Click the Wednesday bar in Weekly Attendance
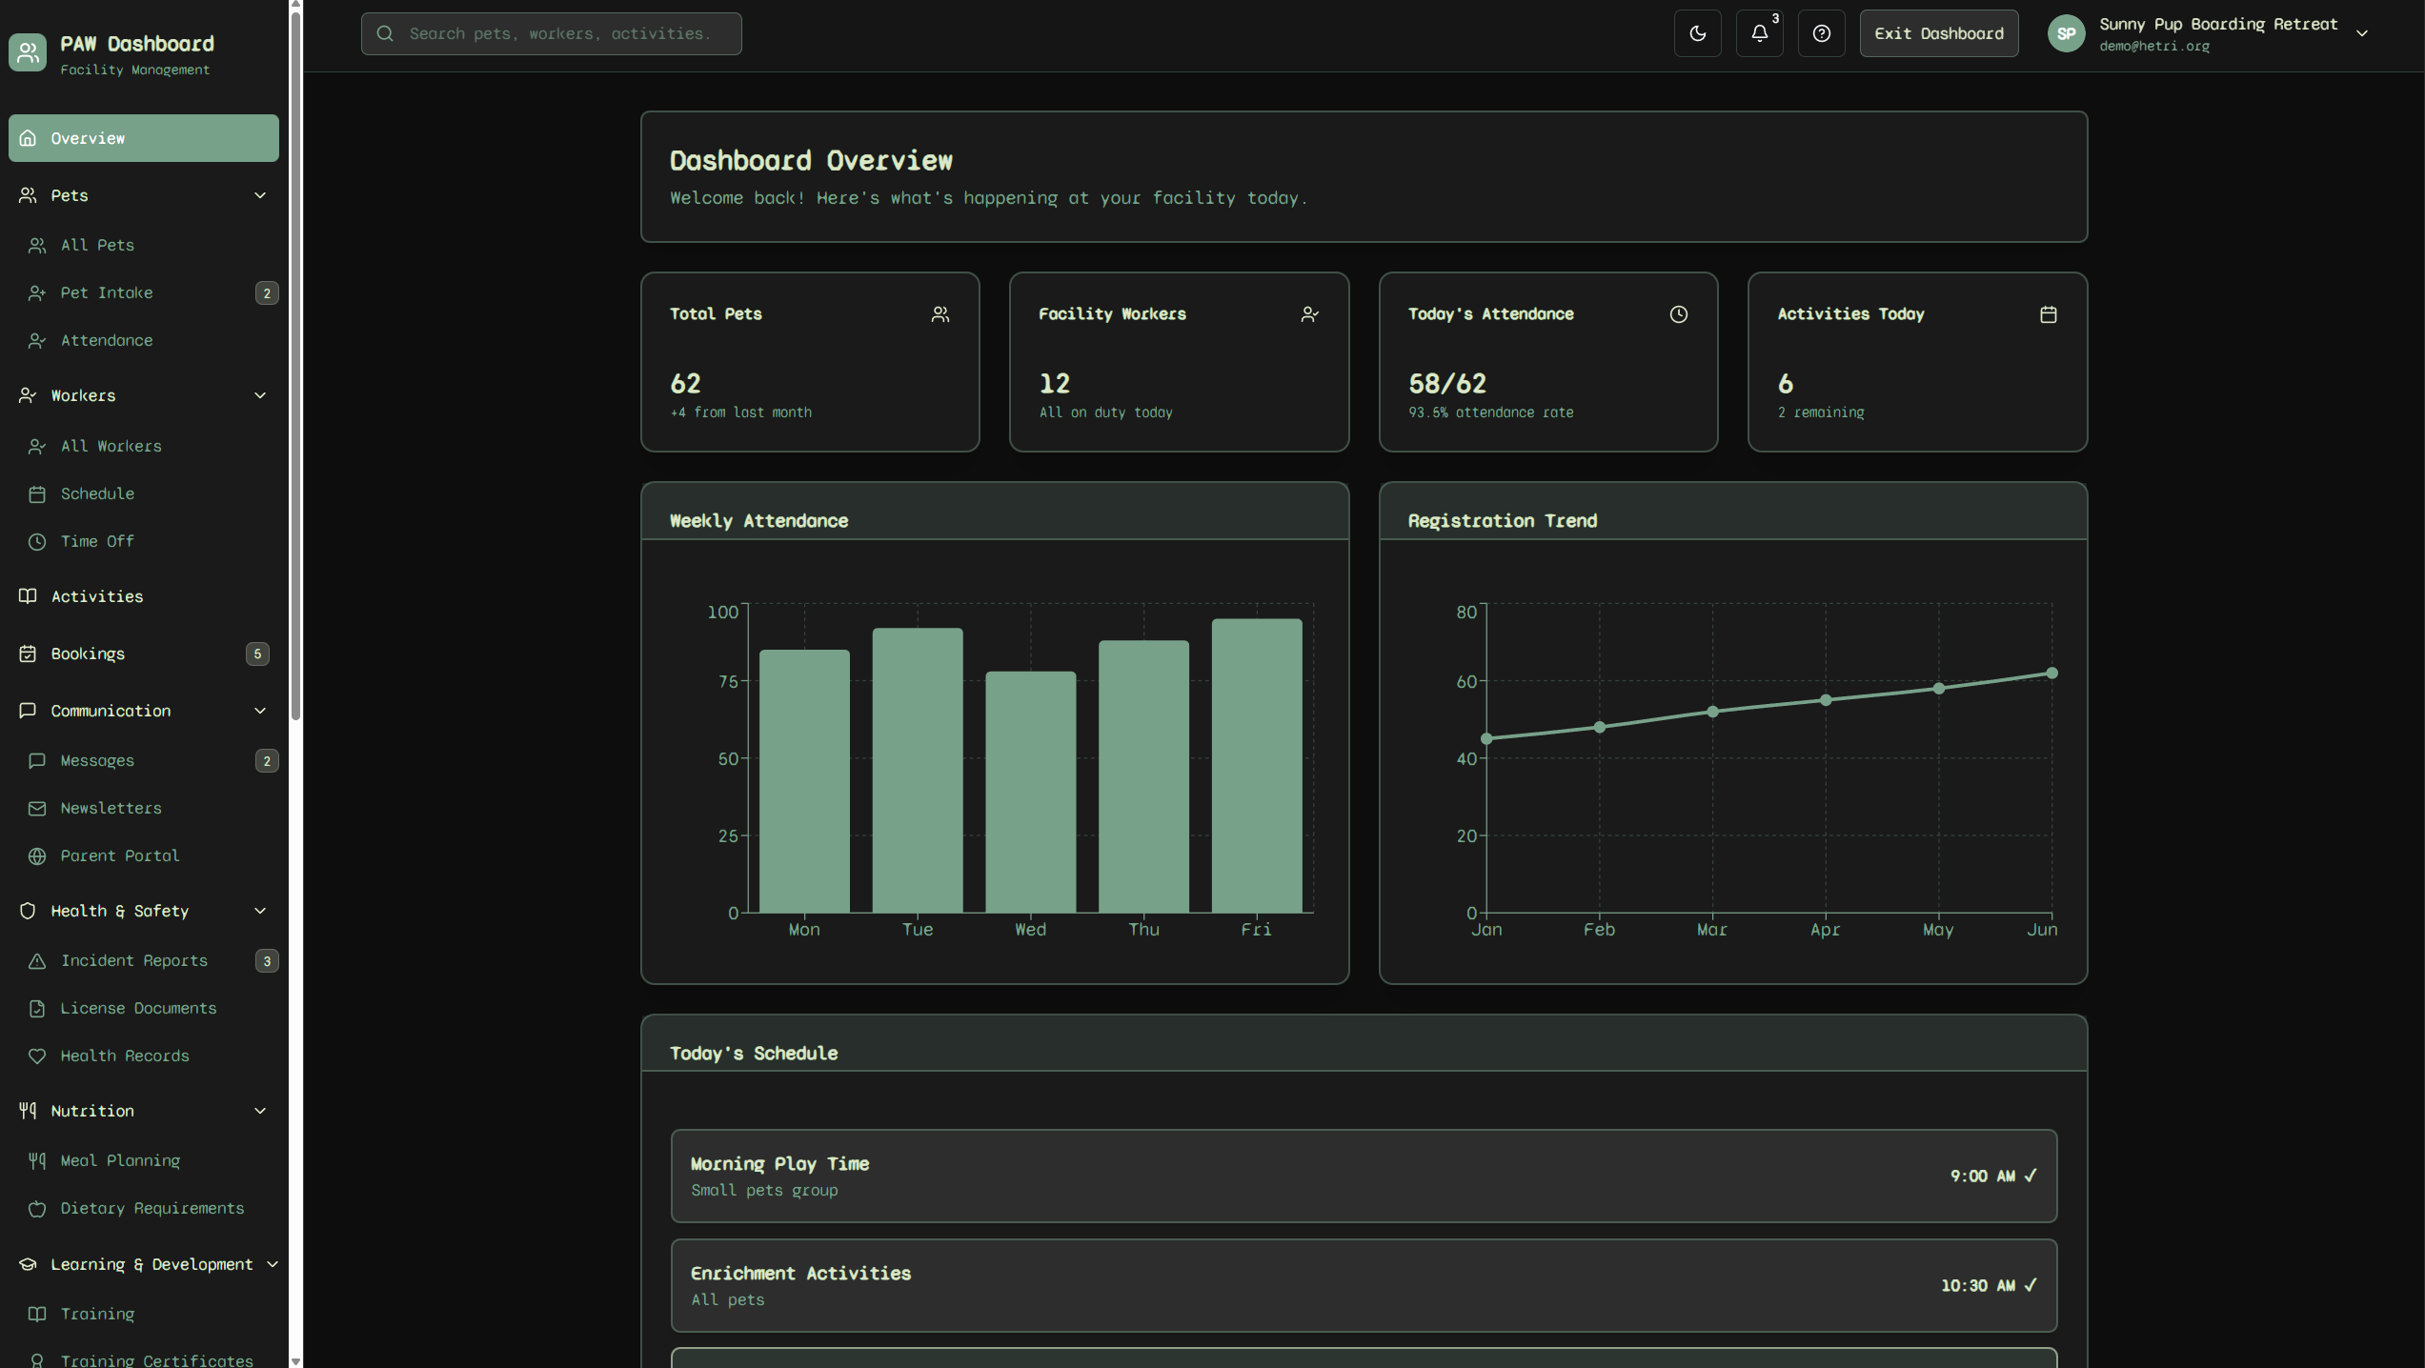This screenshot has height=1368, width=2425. click(x=1030, y=792)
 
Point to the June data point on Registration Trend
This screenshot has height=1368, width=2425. click(x=2051, y=674)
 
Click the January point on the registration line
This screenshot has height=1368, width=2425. click(x=1486, y=738)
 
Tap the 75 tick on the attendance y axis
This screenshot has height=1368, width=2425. click(x=728, y=681)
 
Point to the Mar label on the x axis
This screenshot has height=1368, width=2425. click(x=1711, y=930)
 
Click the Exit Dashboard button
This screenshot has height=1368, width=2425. click(x=1938, y=33)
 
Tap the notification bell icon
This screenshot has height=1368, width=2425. click(x=1759, y=33)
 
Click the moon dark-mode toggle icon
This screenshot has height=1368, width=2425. click(x=1697, y=33)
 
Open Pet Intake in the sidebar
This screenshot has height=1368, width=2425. click(x=107, y=292)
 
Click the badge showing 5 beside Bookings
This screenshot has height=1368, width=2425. click(x=256, y=654)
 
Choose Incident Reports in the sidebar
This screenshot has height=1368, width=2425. click(x=133, y=960)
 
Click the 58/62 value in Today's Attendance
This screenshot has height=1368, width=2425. click(x=1446, y=384)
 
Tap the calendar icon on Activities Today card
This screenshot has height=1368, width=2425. click(x=2048, y=314)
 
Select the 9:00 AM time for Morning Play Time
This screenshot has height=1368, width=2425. click(x=1982, y=1177)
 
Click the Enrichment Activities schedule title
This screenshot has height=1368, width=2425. click(x=800, y=1274)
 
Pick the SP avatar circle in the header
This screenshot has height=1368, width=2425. click(x=2066, y=33)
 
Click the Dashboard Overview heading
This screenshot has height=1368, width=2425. click(x=811, y=161)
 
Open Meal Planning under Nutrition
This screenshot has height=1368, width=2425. click(x=120, y=1160)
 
